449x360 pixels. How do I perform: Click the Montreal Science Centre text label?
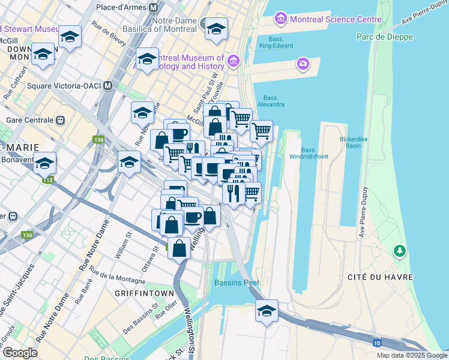(x=336, y=19)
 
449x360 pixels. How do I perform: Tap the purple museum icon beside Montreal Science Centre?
(x=280, y=19)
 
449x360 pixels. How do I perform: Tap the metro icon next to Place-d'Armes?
(x=154, y=8)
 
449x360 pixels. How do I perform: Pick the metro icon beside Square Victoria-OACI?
(x=107, y=85)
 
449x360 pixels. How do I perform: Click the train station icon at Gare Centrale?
(x=60, y=119)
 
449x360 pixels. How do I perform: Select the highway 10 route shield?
(x=376, y=343)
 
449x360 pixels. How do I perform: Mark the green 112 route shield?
(x=47, y=179)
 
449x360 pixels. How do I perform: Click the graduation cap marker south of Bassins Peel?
(x=267, y=311)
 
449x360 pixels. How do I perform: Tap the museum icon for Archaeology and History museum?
(x=234, y=61)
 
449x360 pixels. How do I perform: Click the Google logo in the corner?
(x=20, y=353)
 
